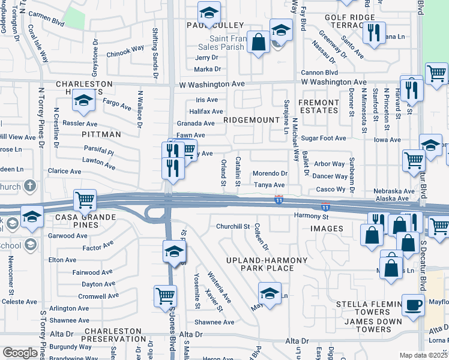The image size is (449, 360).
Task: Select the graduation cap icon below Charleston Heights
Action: point(83,101)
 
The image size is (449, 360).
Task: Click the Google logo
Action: point(20,353)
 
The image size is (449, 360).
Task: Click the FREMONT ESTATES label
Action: point(319,106)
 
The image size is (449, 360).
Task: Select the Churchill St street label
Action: point(233,226)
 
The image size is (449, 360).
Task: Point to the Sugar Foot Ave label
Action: point(324,138)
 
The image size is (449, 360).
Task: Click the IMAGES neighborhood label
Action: point(327,229)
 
